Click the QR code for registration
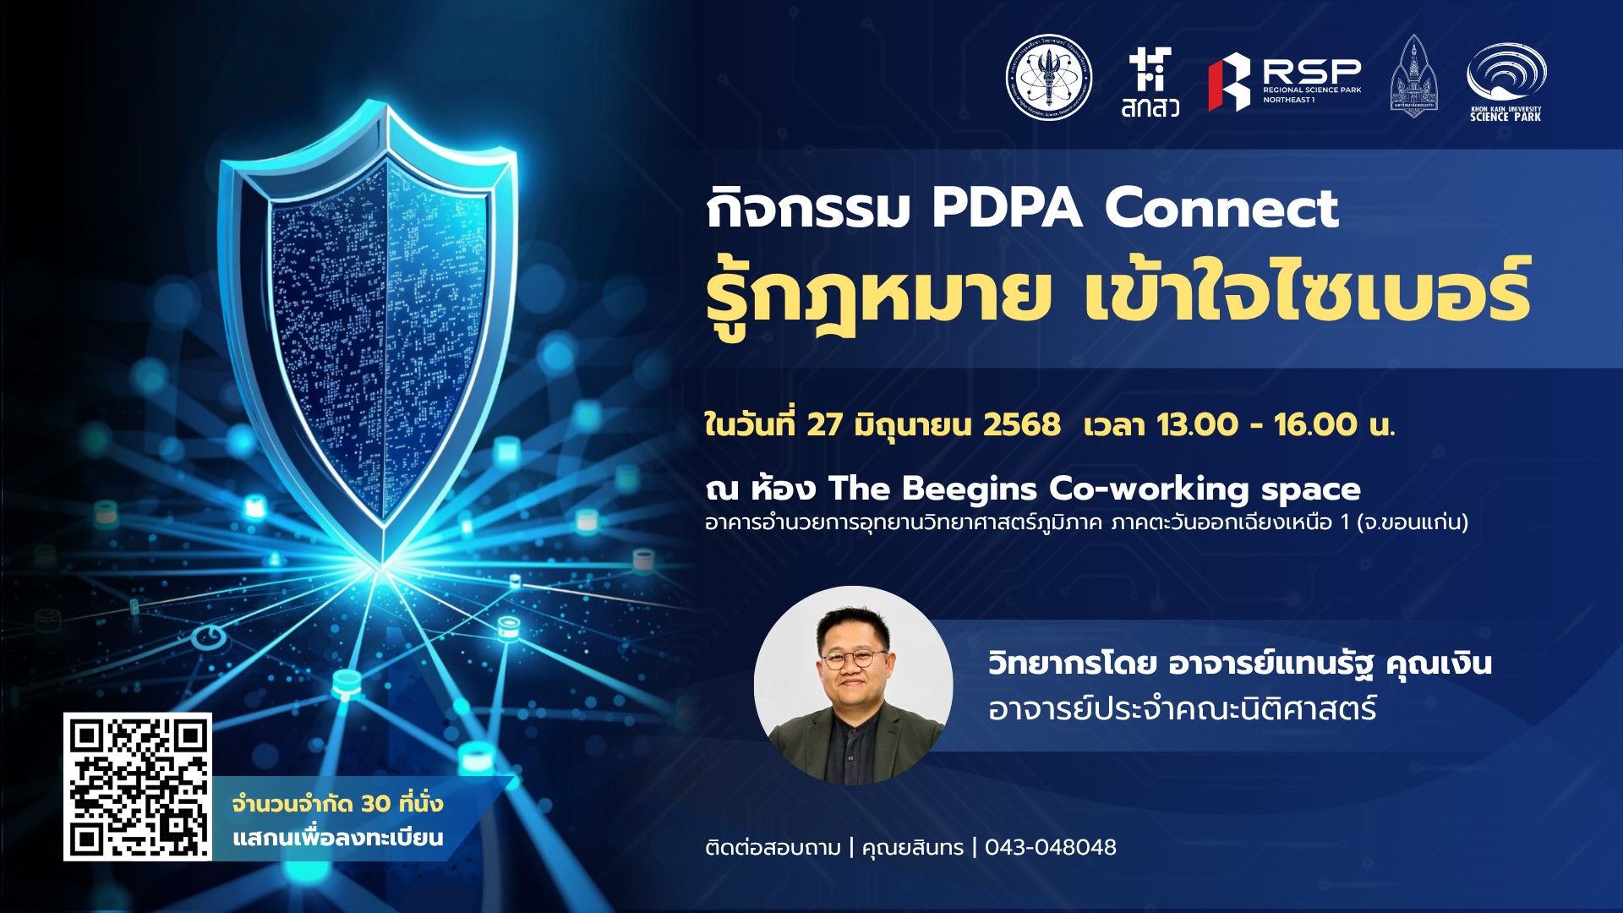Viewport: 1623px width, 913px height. [x=138, y=786]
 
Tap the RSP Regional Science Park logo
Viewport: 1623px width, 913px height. [x=1285, y=82]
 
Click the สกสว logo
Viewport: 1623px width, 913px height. [x=1150, y=82]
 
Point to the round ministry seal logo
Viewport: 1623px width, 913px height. [x=1049, y=77]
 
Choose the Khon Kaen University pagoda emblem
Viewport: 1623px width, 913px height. [x=1413, y=76]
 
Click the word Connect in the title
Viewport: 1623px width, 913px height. [x=1221, y=209]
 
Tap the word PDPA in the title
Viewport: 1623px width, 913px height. [x=1007, y=209]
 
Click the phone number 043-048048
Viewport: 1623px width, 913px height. [x=1051, y=847]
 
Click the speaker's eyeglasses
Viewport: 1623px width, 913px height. [x=853, y=659]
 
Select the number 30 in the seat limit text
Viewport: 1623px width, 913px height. [x=376, y=803]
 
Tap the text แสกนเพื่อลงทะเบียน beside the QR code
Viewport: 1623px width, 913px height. [x=338, y=838]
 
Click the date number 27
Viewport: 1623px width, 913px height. [x=824, y=424]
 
